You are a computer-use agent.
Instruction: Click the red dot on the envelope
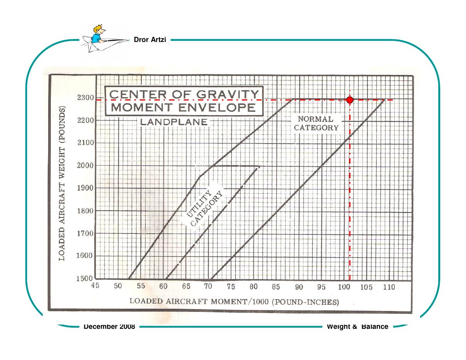[350, 100]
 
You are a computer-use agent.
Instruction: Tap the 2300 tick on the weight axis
[86, 98]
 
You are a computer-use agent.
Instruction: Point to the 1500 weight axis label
[84, 278]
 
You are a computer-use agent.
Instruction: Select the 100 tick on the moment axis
[344, 287]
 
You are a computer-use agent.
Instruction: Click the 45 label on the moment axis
[95, 285]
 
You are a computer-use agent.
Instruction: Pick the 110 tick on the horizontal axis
[389, 287]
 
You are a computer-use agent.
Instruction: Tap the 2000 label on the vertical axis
[85, 166]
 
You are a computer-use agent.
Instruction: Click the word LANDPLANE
[174, 122]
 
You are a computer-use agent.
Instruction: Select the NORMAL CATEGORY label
[316, 124]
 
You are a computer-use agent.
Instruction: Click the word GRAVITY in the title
[228, 94]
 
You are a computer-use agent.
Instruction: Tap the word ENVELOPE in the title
[217, 107]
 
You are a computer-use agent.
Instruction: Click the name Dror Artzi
[150, 40]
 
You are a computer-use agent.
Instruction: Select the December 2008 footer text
[109, 327]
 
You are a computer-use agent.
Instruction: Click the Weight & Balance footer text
[357, 327]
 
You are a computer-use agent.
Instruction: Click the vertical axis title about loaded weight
[62, 184]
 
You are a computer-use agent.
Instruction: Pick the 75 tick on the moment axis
[231, 286]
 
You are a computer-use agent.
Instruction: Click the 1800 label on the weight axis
[85, 211]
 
